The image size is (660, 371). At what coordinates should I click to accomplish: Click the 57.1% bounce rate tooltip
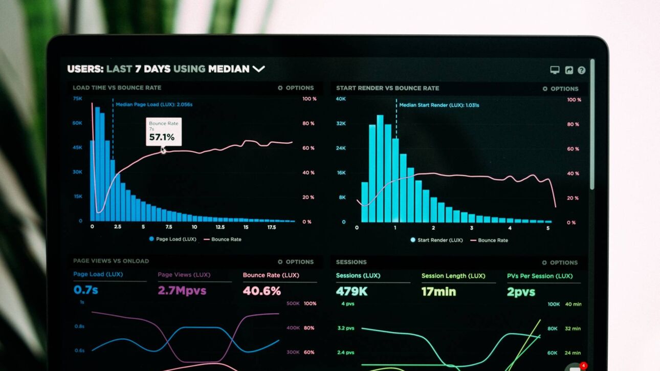click(163, 132)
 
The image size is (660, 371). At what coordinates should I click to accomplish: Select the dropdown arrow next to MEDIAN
click(259, 69)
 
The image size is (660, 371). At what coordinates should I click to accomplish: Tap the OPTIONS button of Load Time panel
click(296, 88)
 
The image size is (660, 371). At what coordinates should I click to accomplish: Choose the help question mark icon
click(582, 70)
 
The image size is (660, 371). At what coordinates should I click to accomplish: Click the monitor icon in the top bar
click(555, 70)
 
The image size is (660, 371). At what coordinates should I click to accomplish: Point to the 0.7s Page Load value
click(85, 290)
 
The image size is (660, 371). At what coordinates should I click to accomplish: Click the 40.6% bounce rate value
click(261, 291)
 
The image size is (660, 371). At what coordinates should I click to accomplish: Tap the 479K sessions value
click(351, 292)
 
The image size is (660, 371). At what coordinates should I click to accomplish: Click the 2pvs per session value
click(521, 292)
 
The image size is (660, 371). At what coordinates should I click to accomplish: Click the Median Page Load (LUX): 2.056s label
click(153, 104)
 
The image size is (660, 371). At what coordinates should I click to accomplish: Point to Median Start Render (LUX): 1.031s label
click(439, 105)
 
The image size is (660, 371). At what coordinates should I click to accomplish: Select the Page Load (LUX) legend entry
click(173, 239)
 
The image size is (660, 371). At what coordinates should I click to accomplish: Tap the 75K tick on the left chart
click(77, 98)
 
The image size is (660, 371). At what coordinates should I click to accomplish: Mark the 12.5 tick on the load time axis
click(220, 227)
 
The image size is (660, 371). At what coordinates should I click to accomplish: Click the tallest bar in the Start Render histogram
click(380, 169)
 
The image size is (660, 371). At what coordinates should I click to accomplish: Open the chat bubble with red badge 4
click(576, 367)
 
